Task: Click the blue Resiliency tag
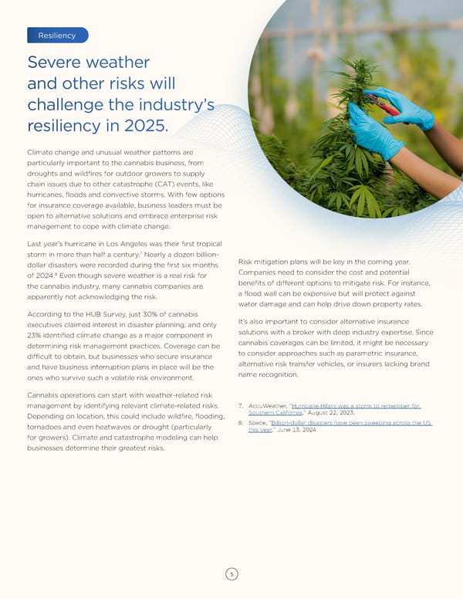pyautogui.click(x=57, y=36)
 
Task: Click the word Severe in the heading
pyautogui.click(x=59, y=63)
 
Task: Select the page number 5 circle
pyautogui.click(x=231, y=573)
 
